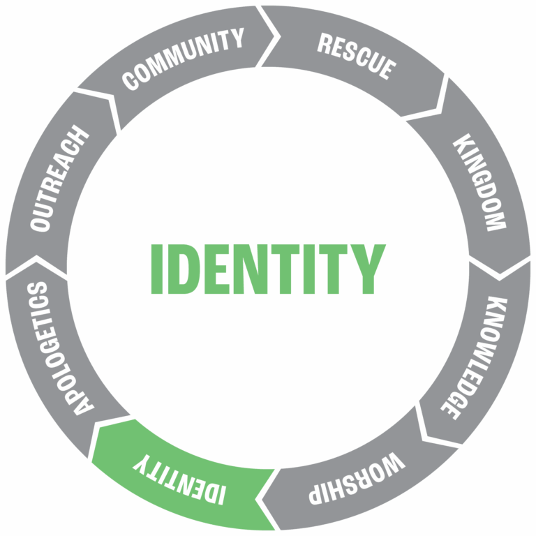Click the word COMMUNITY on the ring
pos(184,59)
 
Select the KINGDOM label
pos(479,183)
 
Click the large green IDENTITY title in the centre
pos(268,269)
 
